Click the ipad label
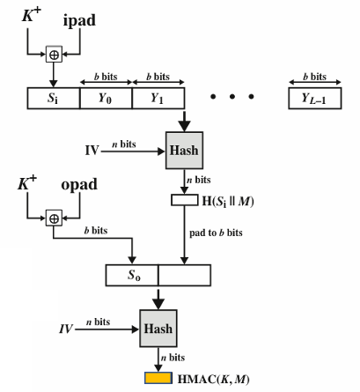pos(79,20)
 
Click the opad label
pos(79,185)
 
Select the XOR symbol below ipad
pos(54,55)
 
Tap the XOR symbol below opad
pos(54,218)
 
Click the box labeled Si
pos(54,98)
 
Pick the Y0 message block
pos(106,98)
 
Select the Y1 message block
pos(158,98)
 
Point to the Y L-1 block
pos(315,98)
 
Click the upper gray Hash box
pos(184,151)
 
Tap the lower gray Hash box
pos(158,329)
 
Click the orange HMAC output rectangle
pos(158,378)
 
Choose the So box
pos(132,275)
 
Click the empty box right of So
pos(185,275)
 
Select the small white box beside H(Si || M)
pos(185,200)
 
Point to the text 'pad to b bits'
pos(216,233)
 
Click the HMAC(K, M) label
pos(214,379)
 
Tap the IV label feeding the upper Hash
pos(92,151)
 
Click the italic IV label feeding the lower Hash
pos(66,329)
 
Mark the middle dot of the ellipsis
pos(232,96)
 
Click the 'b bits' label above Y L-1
pos(315,77)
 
